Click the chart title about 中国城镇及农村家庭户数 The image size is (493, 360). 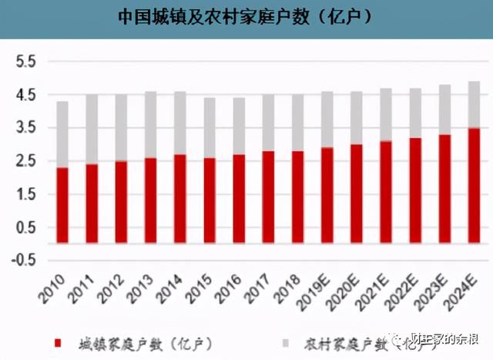(245, 16)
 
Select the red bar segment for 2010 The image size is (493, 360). (62, 205)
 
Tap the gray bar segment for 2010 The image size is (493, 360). (62, 135)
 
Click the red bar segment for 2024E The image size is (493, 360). (474, 185)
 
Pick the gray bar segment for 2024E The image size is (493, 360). (474, 104)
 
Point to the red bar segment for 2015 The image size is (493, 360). (210, 200)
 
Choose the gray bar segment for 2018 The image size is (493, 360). (297, 123)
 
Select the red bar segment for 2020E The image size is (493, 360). (357, 193)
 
